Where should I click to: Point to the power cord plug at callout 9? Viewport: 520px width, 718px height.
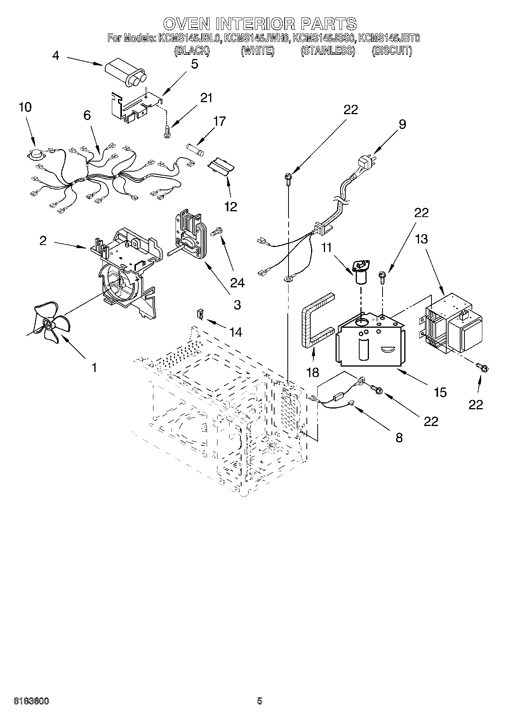365,162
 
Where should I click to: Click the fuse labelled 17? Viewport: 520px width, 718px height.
195,149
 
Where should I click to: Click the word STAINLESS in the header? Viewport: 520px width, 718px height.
328,51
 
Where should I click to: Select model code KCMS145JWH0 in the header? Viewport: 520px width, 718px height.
257,38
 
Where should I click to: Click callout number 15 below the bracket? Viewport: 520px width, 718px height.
440,392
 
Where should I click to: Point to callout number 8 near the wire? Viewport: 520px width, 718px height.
399,438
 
